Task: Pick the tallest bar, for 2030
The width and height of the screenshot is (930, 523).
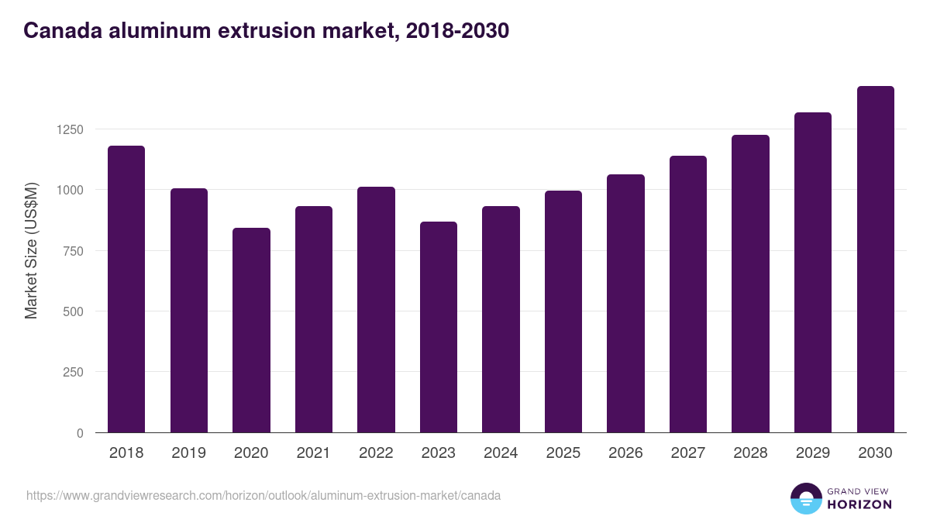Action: (x=876, y=260)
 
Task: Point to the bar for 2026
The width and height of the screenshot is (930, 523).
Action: (x=625, y=304)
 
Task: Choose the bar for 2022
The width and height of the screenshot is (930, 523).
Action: (x=376, y=310)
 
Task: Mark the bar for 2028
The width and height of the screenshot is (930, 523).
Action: (x=750, y=284)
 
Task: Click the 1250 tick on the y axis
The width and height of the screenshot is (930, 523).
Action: (x=69, y=129)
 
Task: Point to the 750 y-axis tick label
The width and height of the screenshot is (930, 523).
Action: (x=73, y=251)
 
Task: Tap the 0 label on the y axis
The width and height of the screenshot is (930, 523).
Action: (x=80, y=433)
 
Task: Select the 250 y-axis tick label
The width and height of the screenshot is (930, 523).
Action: (x=73, y=373)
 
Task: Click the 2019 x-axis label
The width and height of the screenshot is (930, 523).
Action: (x=188, y=453)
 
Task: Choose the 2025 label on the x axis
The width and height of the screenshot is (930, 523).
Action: (x=563, y=453)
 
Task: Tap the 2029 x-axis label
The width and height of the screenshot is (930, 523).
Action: (x=813, y=453)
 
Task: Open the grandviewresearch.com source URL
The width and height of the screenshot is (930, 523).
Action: (x=263, y=495)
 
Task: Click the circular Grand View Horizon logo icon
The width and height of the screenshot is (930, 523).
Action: (x=805, y=498)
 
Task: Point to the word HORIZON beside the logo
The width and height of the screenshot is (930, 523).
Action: (x=859, y=504)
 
